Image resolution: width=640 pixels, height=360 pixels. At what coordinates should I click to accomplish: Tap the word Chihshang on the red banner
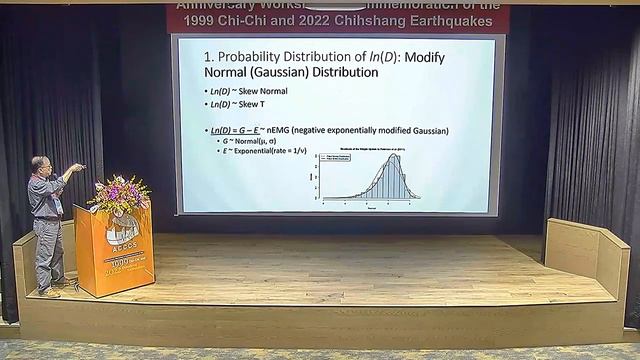(395, 20)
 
